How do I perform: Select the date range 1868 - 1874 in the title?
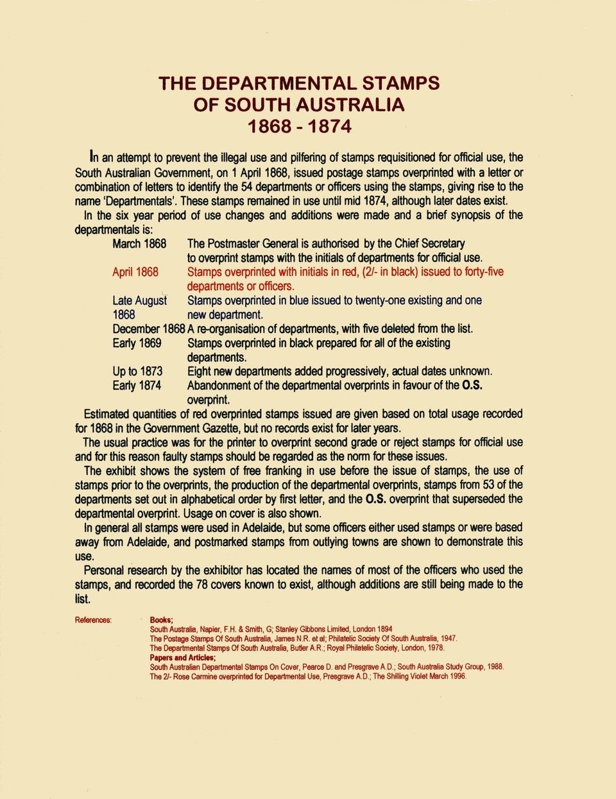[300, 126]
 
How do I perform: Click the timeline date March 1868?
[139, 244]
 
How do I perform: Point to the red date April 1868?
[135, 272]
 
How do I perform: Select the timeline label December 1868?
[148, 329]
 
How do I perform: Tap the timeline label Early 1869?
[137, 343]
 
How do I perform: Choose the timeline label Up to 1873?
[137, 372]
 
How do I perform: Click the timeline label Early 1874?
[137, 386]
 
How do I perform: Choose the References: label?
[93, 620]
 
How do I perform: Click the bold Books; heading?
[161, 620]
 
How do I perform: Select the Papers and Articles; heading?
[183, 658]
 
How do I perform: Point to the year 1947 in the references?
[448, 639]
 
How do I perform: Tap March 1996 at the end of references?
[448, 676]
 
